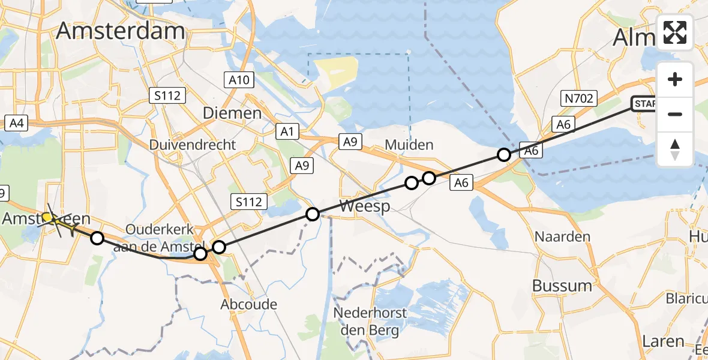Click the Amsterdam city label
tap(121, 31)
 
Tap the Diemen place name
tap(232, 113)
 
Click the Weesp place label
tap(365, 206)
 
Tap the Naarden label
tap(562, 236)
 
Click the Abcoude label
tap(249, 304)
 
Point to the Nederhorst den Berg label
tap(370, 322)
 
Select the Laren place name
tap(662, 341)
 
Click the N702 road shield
tap(579, 98)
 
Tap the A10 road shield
tap(241, 80)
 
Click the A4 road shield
tap(16, 124)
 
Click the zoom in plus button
tap(675, 79)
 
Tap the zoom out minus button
tap(675, 114)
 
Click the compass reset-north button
tap(675, 149)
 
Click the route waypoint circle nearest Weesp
tap(313, 214)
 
